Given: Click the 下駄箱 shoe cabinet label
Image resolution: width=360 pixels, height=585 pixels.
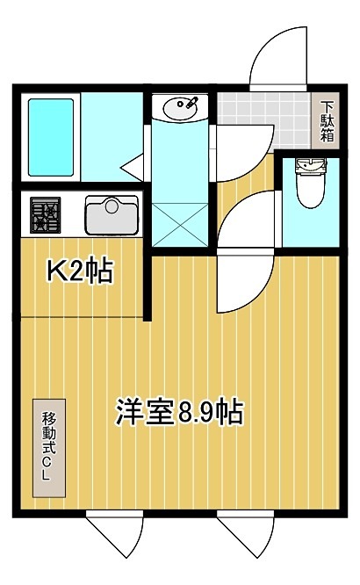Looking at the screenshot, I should click(x=327, y=122).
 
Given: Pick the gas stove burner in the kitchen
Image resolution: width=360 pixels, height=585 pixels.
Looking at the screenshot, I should click(x=45, y=216).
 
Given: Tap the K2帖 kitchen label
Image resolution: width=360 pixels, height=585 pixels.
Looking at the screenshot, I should click(x=78, y=272).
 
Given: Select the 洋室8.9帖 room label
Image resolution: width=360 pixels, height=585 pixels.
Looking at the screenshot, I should click(x=179, y=410).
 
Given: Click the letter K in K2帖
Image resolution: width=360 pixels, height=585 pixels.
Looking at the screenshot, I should click(x=54, y=272).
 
